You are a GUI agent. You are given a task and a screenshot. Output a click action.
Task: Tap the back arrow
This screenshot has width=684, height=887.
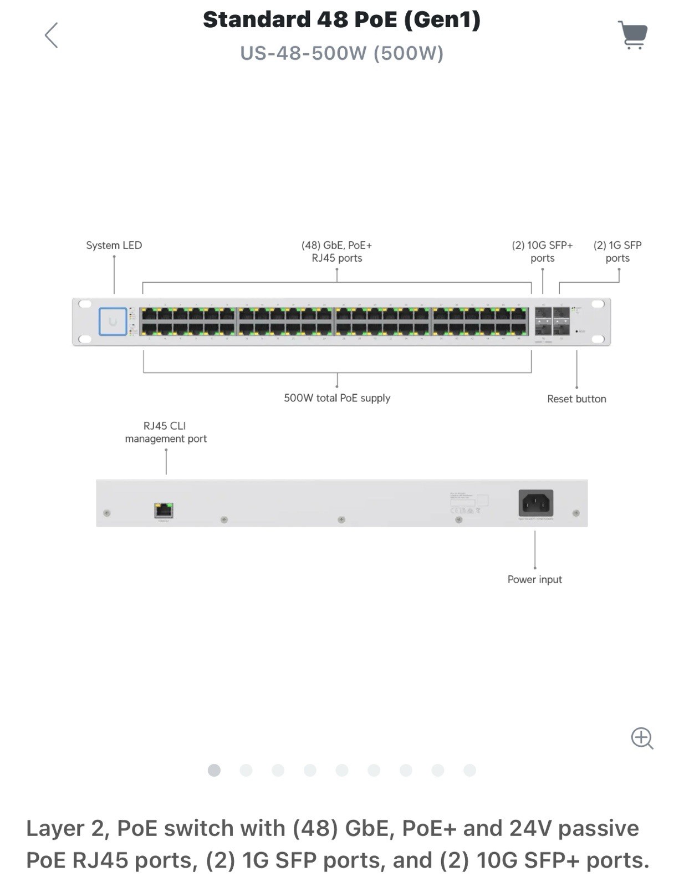pyautogui.click(x=52, y=35)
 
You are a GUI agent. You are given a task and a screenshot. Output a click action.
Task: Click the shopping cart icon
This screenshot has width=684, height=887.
pyautogui.click(x=633, y=35)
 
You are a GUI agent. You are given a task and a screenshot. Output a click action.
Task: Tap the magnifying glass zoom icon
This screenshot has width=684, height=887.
pyautogui.click(x=642, y=738)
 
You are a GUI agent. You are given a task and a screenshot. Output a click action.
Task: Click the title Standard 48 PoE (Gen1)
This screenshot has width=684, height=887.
pyautogui.click(x=341, y=19)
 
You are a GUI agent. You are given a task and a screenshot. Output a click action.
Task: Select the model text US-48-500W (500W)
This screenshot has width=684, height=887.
pyautogui.click(x=341, y=53)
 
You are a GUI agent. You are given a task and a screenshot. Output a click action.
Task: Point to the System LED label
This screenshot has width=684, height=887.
pyautogui.click(x=114, y=245)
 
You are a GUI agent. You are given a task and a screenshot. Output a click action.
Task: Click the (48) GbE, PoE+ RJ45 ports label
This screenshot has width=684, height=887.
pyautogui.click(x=336, y=251)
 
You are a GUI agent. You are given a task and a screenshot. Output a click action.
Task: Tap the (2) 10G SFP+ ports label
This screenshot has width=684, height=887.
pyautogui.click(x=542, y=251)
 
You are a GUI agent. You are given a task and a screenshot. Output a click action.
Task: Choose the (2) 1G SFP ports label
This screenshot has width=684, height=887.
pyautogui.click(x=617, y=251)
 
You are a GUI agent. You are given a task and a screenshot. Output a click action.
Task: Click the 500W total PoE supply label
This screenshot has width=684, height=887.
pyautogui.click(x=337, y=398)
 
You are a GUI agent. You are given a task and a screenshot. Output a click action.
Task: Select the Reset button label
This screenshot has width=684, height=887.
pyautogui.click(x=576, y=399)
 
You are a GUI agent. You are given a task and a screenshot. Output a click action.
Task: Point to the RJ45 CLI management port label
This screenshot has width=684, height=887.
pyautogui.click(x=166, y=432)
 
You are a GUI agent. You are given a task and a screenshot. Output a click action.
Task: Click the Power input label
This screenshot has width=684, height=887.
pyautogui.click(x=534, y=579)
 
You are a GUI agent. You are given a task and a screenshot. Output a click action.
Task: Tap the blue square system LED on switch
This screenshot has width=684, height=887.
pyautogui.click(x=113, y=322)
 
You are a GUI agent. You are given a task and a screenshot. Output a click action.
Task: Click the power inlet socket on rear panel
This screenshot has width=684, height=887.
pyautogui.click(x=535, y=503)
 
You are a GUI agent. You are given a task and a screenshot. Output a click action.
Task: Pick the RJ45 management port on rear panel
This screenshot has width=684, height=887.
pyautogui.click(x=164, y=510)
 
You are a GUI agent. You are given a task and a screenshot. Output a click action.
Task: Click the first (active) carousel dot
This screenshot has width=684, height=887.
pyautogui.click(x=214, y=770)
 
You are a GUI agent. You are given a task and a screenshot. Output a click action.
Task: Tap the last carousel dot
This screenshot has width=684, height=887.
pyautogui.click(x=469, y=770)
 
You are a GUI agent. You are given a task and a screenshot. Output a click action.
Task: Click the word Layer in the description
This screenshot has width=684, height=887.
pyautogui.click(x=55, y=828)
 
